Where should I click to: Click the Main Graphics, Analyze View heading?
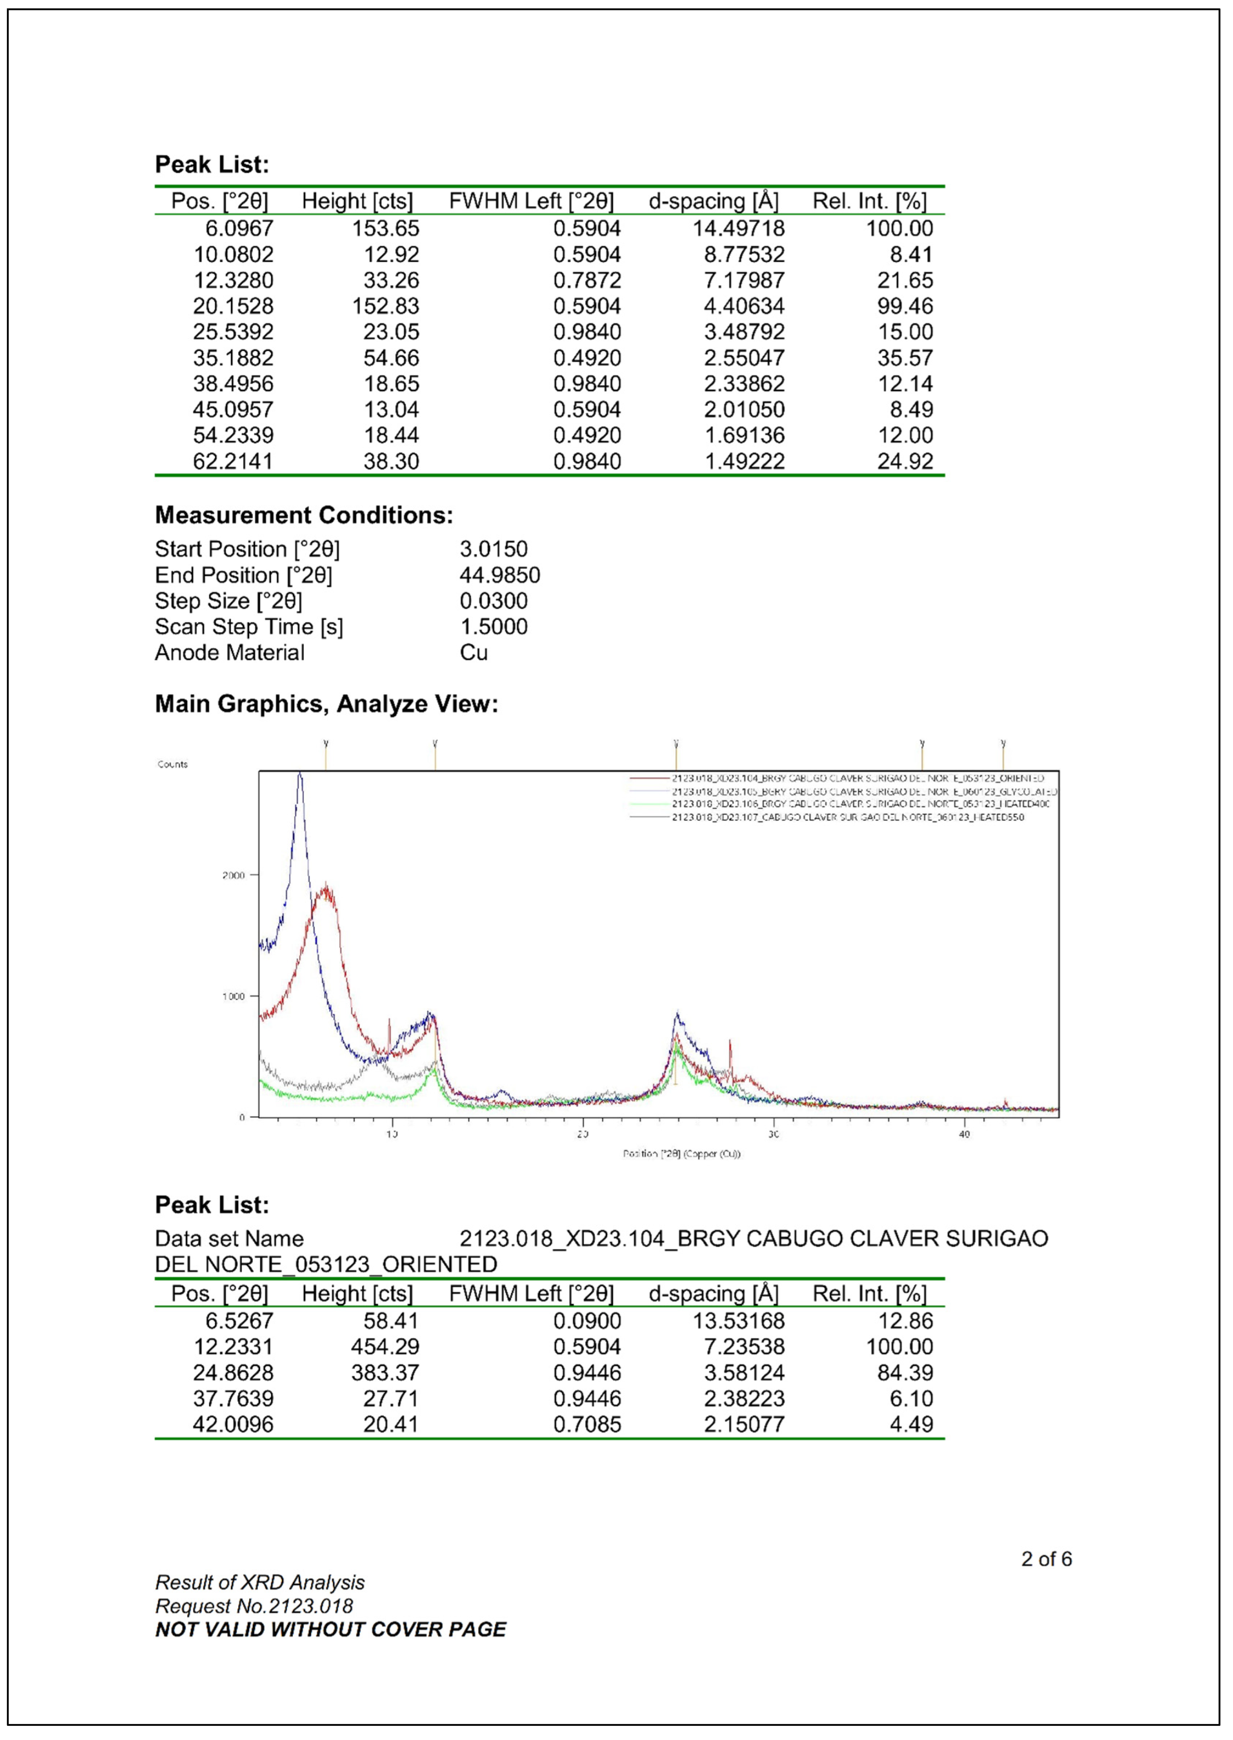pos(326,704)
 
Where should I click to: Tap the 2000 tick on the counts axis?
pos(234,875)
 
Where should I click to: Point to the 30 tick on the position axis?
pos(773,1134)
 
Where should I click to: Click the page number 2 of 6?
pos(1046,1559)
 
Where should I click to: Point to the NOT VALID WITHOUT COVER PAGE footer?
pos(330,1629)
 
